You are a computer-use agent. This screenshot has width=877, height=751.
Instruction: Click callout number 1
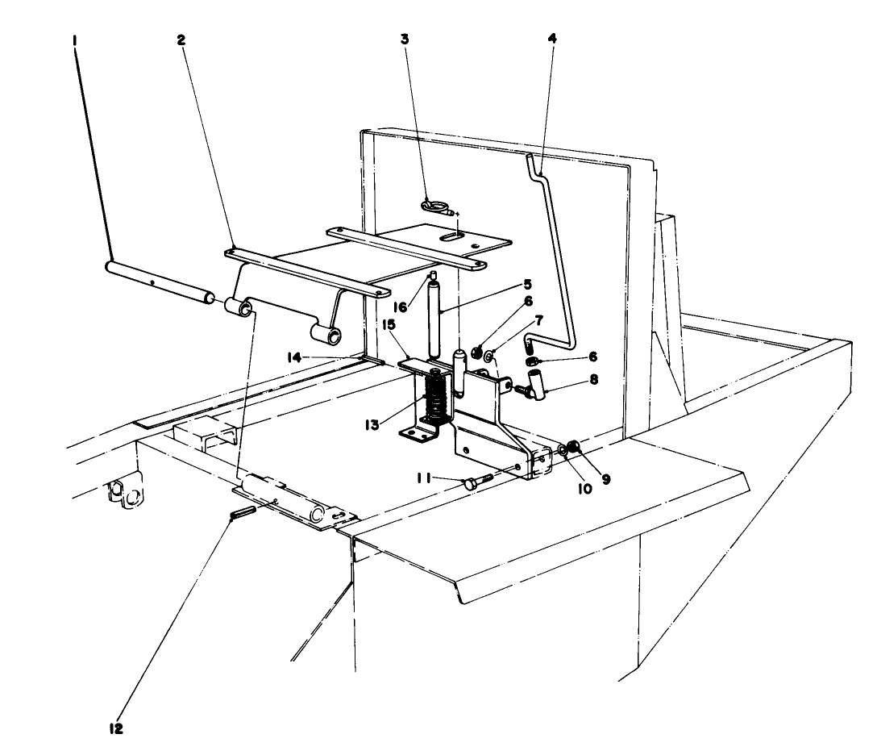pos(75,37)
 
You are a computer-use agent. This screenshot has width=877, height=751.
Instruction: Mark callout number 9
pos(605,478)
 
